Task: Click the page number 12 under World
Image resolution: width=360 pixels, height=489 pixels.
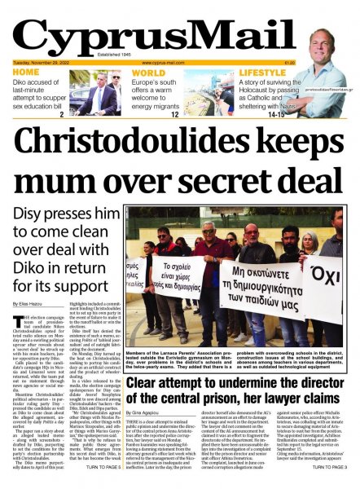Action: (x=174, y=115)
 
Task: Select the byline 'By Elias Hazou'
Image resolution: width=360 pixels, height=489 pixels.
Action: (x=29, y=303)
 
